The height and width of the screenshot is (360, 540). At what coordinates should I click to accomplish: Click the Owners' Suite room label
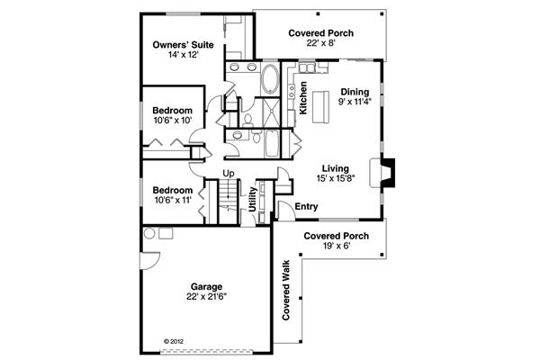click(x=183, y=45)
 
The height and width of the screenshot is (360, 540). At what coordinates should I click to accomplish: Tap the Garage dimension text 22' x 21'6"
click(x=207, y=297)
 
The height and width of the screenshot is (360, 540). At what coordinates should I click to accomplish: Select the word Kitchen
click(x=303, y=98)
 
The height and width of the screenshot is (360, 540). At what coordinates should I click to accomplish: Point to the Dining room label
click(x=355, y=92)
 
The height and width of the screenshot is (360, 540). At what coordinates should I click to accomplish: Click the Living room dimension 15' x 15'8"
click(x=336, y=178)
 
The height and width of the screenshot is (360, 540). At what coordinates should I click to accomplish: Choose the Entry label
click(x=307, y=207)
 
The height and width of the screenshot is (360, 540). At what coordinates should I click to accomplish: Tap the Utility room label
click(x=253, y=200)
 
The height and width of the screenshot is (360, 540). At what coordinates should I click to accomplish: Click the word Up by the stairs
click(x=229, y=174)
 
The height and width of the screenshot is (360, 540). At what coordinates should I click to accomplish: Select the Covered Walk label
click(x=286, y=290)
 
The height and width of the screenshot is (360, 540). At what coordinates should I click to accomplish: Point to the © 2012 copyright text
click(x=174, y=342)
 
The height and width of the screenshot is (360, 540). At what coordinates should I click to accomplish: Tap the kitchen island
click(x=320, y=107)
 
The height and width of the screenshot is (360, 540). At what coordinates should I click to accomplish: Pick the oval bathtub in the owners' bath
click(x=270, y=78)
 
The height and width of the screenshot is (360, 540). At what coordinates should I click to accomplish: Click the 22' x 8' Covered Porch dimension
click(x=321, y=43)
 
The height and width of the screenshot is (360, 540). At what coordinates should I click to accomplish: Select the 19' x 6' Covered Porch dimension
click(x=337, y=246)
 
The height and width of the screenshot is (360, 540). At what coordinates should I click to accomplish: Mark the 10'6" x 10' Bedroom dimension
click(x=172, y=121)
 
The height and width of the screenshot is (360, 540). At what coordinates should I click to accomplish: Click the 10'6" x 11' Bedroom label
click(x=173, y=191)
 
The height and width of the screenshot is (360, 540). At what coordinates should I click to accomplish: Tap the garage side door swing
click(x=150, y=261)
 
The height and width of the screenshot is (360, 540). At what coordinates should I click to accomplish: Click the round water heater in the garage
click(x=149, y=234)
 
